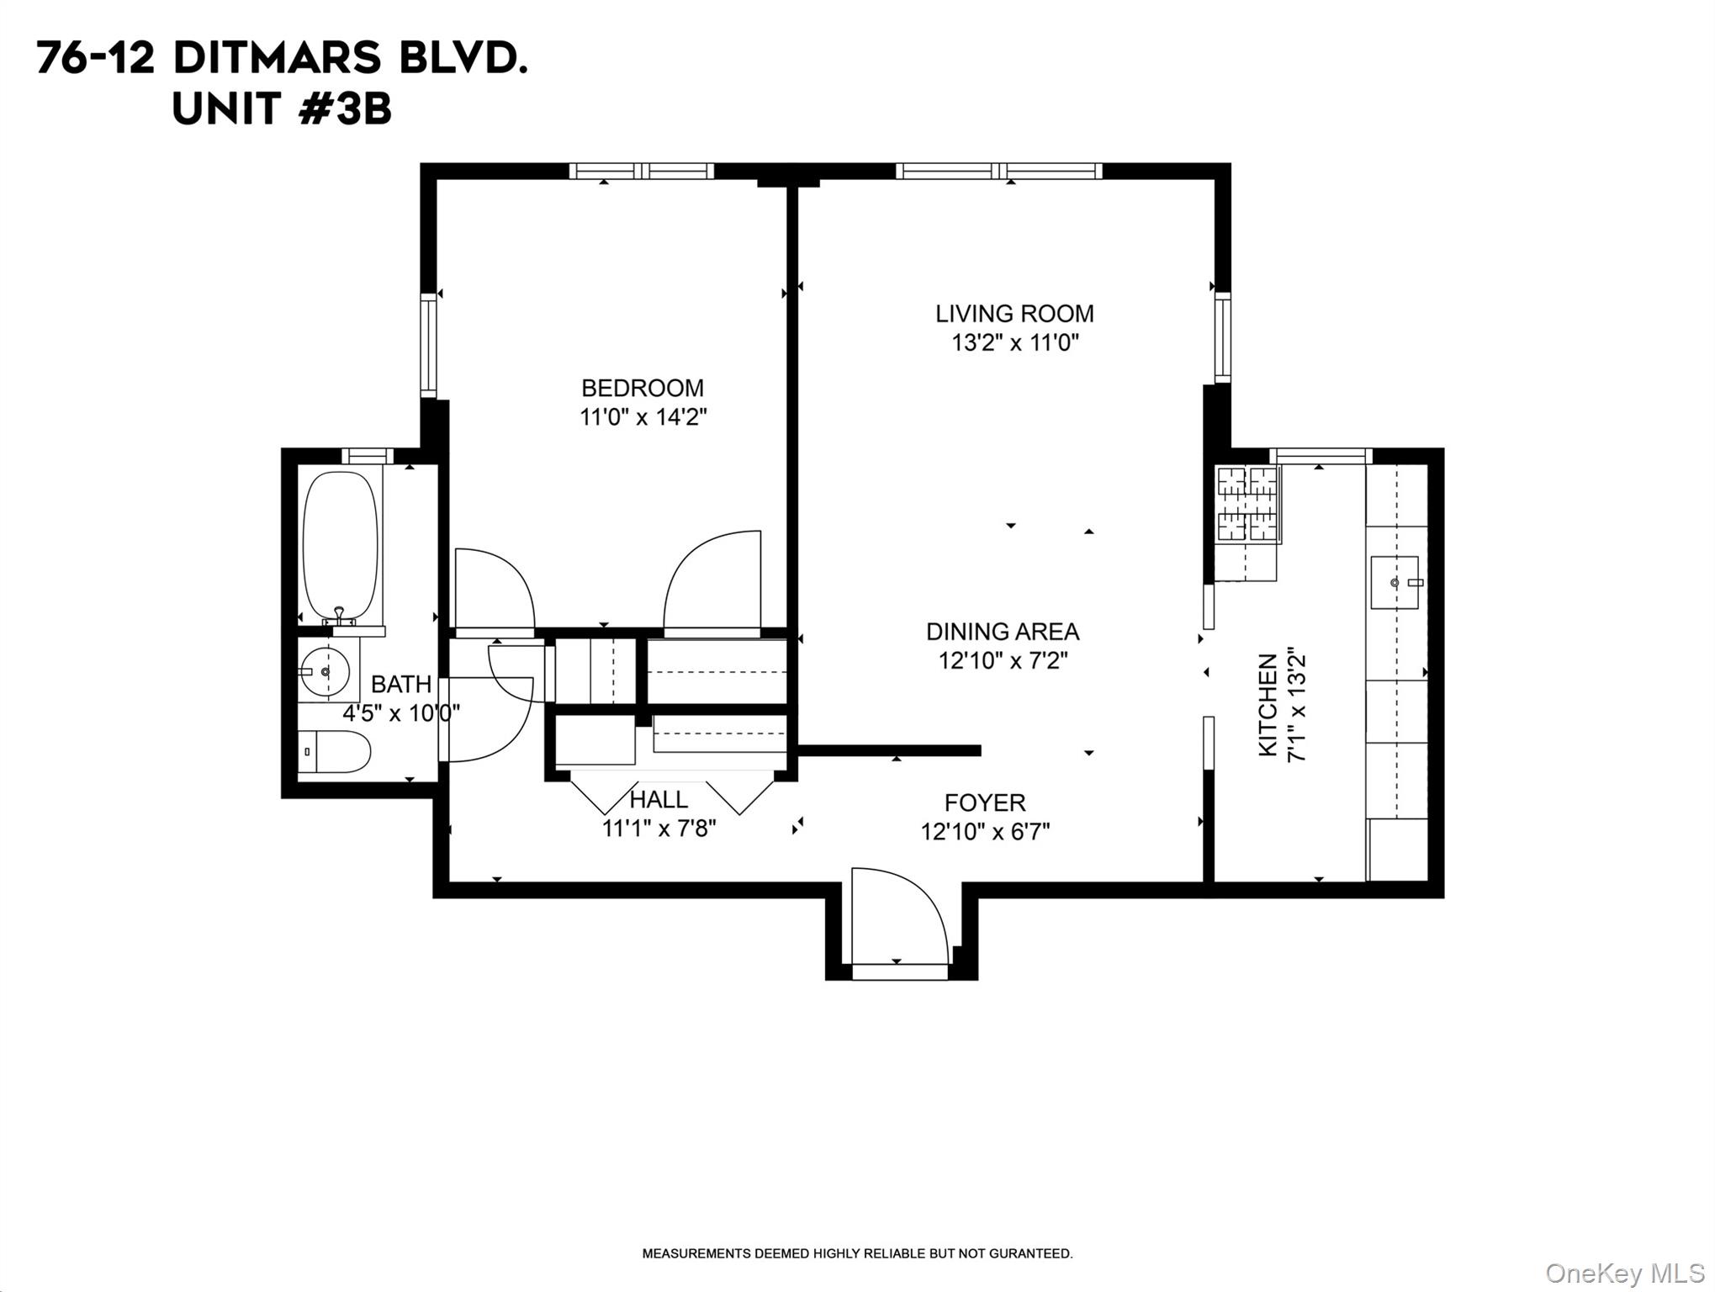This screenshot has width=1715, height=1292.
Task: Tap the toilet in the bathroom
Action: pyautogui.click(x=335, y=751)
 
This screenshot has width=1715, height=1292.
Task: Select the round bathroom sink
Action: pyautogui.click(x=326, y=671)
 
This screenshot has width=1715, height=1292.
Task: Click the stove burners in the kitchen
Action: pyautogui.click(x=1247, y=503)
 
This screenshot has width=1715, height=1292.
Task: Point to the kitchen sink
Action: pyautogui.click(x=1395, y=582)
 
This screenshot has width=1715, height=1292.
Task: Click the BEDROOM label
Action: pyautogui.click(x=643, y=388)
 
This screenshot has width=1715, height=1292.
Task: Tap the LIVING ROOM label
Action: pyautogui.click(x=1014, y=314)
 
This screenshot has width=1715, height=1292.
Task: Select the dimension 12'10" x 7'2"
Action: pyautogui.click(x=1003, y=661)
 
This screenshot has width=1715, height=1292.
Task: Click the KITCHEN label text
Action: pyautogui.click(x=1268, y=705)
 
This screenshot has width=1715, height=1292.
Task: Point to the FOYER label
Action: pyautogui.click(x=985, y=802)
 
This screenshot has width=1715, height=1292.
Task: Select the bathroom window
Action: pyautogui.click(x=368, y=456)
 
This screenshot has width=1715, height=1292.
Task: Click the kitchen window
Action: pyautogui.click(x=1320, y=456)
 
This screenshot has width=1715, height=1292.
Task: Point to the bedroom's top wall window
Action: pyautogui.click(x=642, y=172)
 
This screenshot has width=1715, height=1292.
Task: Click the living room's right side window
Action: pyautogui.click(x=1222, y=337)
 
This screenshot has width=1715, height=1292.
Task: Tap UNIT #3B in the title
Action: pyautogui.click(x=282, y=110)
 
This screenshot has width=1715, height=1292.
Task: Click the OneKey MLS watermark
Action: pyautogui.click(x=1624, y=1273)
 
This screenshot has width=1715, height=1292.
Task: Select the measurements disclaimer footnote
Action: pyautogui.click(x=857, y=1253)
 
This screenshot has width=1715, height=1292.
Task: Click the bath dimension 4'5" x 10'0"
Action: pyautogui.click(x=401, y=713)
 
